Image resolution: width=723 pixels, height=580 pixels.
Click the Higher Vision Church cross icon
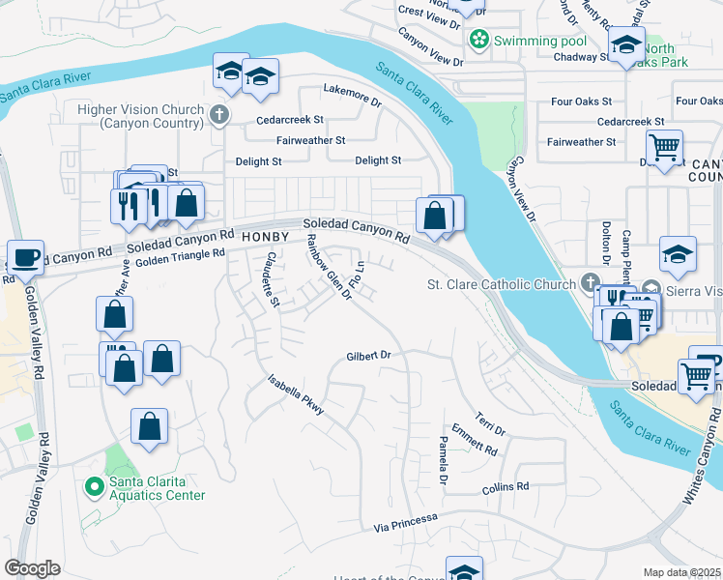coord(219,116)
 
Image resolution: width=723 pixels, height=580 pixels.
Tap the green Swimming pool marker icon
coord(477,41)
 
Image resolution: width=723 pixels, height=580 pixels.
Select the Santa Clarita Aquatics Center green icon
coord(94,485)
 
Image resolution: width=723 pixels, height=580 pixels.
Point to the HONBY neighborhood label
coord(266,236)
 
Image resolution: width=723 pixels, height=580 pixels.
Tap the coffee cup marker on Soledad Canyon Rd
coord(25,258)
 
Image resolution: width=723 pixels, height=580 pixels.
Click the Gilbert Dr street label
coord(368,356)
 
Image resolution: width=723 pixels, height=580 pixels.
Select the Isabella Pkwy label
coord(296,396)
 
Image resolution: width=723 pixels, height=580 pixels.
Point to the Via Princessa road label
coord(406,523)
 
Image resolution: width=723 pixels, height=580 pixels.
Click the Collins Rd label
coord(506,487)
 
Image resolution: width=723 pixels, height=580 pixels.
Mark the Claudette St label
coord(272,279)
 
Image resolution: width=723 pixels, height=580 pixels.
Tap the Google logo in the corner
coord(32,568)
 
